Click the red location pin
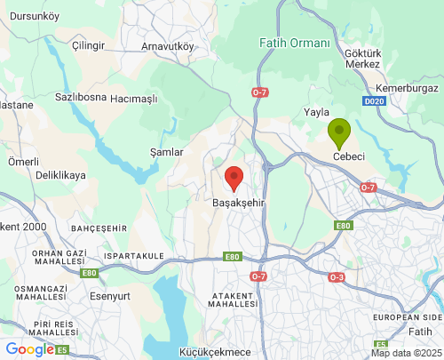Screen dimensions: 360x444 point(234,178)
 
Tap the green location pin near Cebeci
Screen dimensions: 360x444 point(339,134)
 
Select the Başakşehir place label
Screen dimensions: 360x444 point(240,204)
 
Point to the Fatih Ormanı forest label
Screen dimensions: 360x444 point(294,43)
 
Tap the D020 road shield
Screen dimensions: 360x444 point(374,102)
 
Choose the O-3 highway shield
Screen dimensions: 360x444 point(337,277)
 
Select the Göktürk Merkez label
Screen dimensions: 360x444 point(361,58)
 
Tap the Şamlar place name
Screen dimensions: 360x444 point(167,152)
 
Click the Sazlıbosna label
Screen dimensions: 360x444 point(81,96)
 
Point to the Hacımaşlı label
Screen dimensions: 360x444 point(133,99)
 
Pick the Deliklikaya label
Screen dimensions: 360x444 point(61,176)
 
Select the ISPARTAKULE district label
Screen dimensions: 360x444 point(134,256)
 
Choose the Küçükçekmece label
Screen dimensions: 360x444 point(216,352)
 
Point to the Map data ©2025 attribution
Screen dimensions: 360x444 point(405,353)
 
